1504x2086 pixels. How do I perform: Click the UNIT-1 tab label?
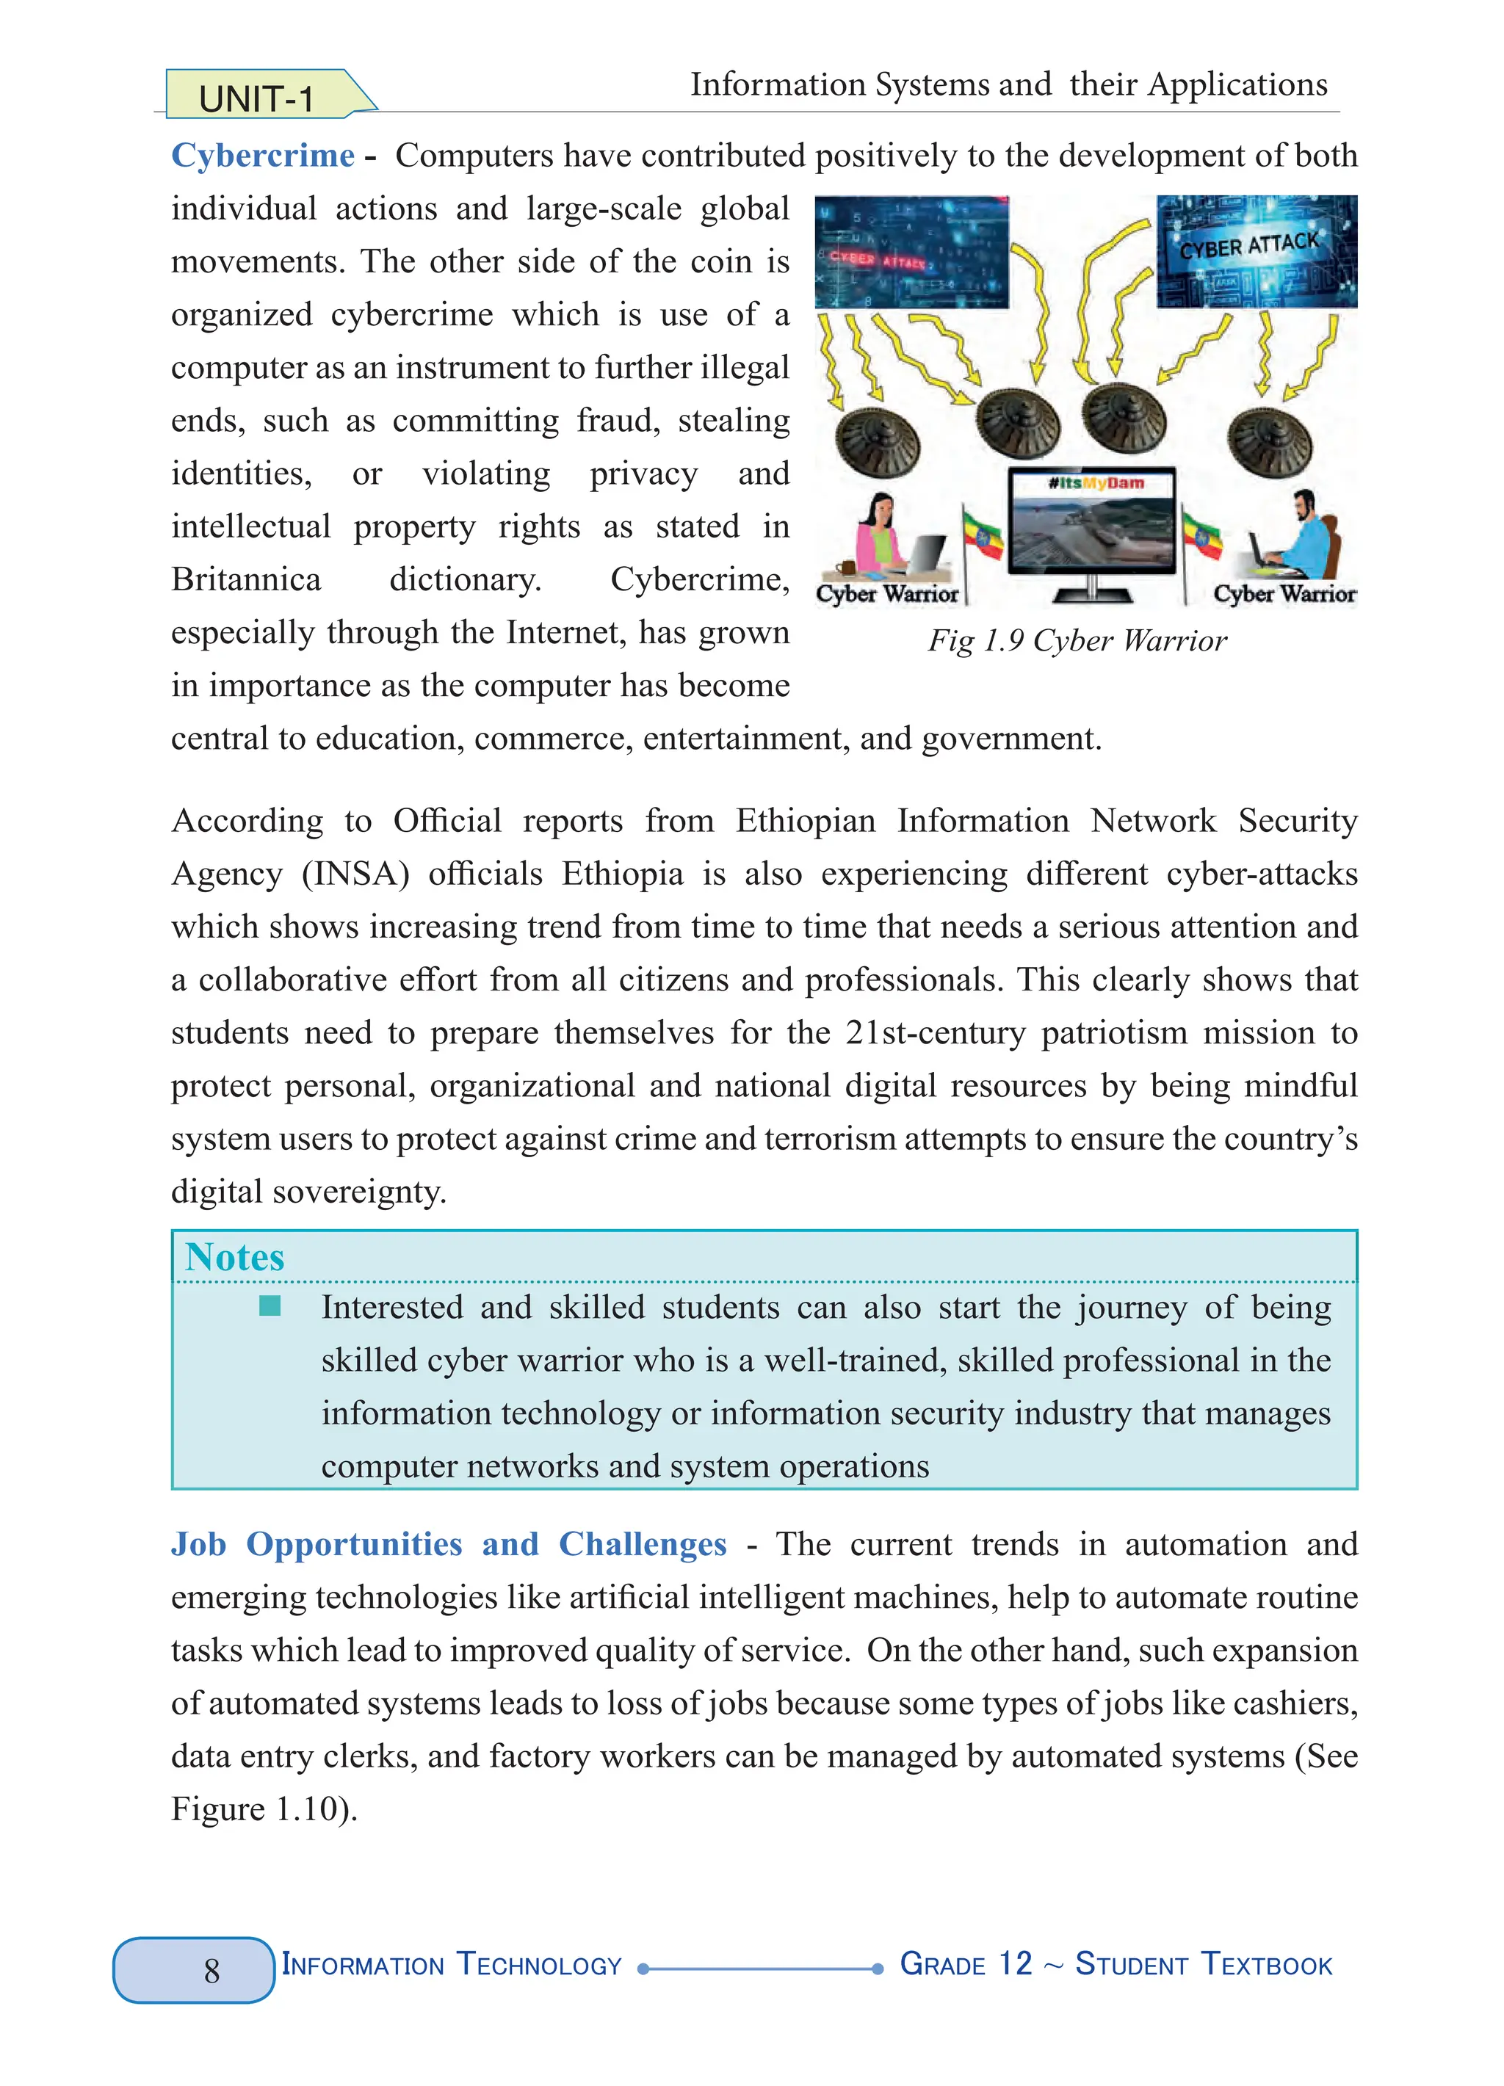tap(256, 98)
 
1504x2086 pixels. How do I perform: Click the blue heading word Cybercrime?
tap(263, 156)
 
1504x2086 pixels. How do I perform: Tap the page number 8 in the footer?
tap(211, 1970)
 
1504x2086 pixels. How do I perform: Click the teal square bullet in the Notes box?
tap(270, 1306)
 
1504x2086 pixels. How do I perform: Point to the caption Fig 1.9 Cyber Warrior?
tap(1077, 640)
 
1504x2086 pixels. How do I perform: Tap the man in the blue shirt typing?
tap(1306, 535)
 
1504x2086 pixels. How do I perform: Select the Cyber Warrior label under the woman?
tap(887, 594)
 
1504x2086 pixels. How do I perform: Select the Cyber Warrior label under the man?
tap(1284, 594)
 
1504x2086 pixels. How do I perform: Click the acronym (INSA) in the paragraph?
tap(355, 874)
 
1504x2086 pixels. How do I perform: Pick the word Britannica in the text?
tap(245, 579)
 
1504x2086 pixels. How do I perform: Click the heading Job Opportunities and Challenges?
tap(448, 1544)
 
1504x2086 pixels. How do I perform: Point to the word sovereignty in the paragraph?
tap(342, 1192)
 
